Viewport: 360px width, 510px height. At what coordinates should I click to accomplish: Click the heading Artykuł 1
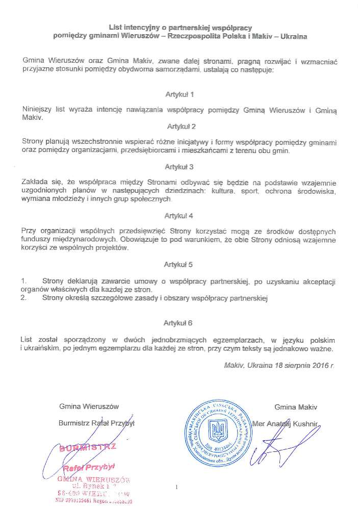pos(180,94)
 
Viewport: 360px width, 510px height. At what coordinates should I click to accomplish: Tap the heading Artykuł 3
pos(179,166)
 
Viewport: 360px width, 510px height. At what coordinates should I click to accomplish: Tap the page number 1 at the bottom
pos(176,488)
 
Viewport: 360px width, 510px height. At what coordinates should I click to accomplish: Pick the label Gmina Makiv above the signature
pos(296,406)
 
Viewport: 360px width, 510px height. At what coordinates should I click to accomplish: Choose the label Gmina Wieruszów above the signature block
pos(89,406)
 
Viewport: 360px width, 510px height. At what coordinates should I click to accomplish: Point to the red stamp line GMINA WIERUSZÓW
pos(94,479)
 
